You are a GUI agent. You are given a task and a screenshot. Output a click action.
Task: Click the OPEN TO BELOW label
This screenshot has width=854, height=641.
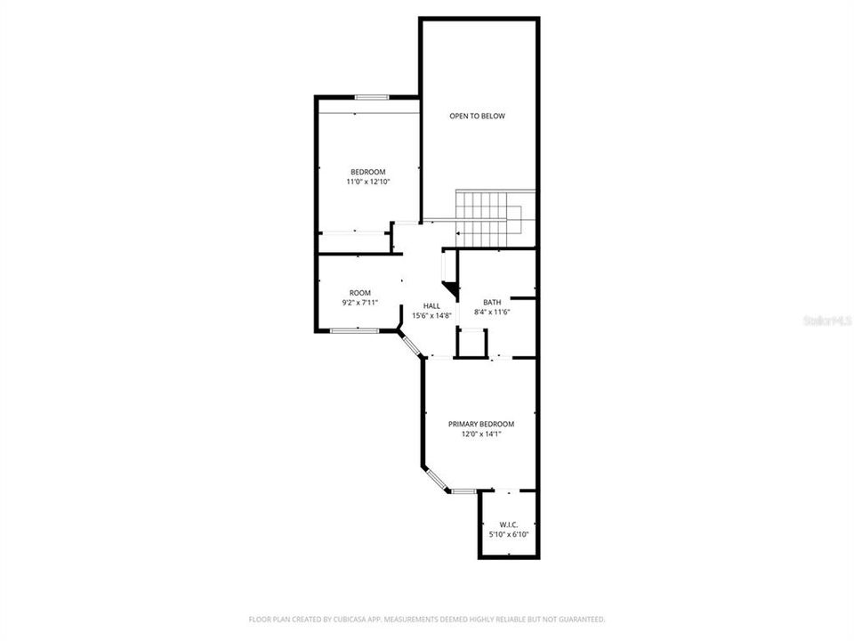coord(477,117)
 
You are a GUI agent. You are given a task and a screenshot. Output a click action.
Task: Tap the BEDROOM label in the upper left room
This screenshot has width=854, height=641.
coord(367,172)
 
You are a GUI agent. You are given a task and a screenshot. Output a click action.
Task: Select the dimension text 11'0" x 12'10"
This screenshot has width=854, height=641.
coord(367,182)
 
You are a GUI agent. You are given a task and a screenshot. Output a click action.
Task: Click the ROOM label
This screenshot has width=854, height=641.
coord(359,293)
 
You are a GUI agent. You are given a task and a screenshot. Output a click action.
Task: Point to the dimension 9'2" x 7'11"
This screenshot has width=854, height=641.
coord(359,303)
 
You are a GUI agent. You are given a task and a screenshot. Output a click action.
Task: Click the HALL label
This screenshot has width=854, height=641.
coord(431,305)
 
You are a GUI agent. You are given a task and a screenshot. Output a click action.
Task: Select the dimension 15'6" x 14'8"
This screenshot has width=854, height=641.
coord(431,315)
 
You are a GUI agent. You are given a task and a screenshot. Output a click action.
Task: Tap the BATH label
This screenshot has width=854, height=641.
coord(491,302)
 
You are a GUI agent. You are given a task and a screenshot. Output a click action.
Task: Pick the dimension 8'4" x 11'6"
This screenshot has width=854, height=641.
coord(491,312)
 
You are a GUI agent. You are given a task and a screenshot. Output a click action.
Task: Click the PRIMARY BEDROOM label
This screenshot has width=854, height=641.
coord(480,424)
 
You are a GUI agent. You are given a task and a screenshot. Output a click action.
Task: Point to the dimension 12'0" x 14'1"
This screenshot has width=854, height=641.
coord(480,434)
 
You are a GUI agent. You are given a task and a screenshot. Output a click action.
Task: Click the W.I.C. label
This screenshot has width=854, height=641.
coord(508,524)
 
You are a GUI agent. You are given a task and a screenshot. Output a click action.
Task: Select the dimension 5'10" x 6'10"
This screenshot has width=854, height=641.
coord(508,534)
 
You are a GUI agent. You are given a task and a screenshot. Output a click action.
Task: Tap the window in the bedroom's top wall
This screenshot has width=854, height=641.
coord(371,97)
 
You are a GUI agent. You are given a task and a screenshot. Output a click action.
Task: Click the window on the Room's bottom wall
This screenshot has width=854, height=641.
coord(354,331)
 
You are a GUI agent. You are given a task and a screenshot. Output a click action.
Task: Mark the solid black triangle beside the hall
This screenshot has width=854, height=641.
coord(453,290)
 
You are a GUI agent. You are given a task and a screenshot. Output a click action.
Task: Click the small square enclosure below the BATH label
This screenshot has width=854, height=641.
coord(471,343)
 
